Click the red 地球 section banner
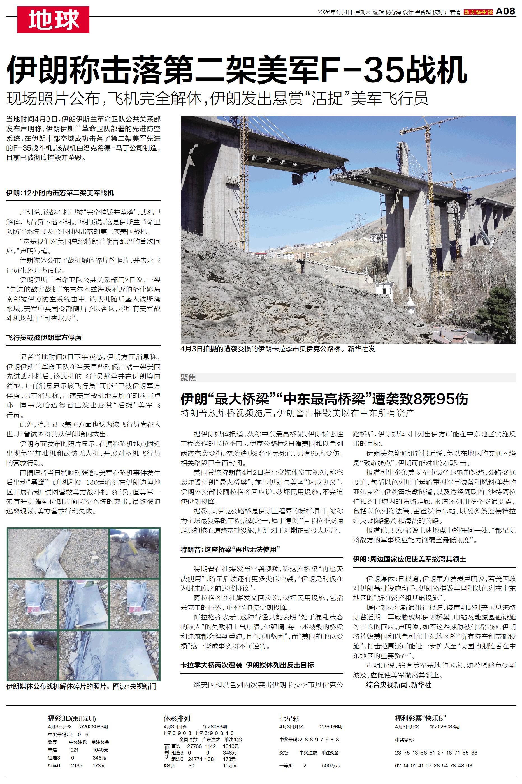point(53,20)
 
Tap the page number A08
point(505,11)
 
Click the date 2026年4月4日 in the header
point(334,12)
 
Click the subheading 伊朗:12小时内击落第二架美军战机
point(60,193)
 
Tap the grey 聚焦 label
point(188,378)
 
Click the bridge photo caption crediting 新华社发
point(278,349)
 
